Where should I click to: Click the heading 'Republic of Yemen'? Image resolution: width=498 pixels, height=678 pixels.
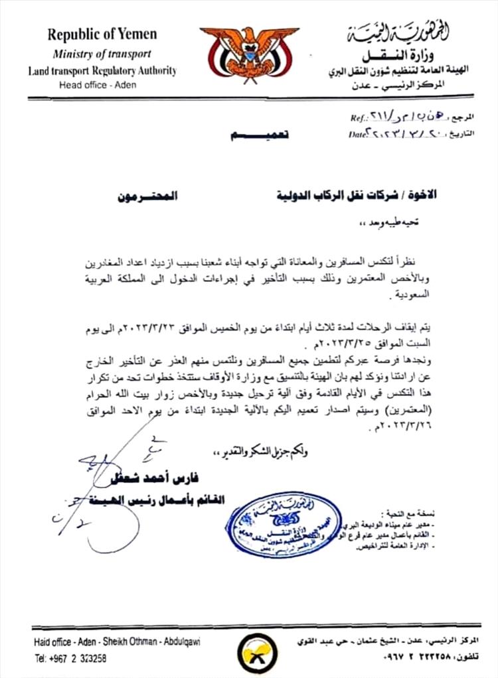coord(102,34)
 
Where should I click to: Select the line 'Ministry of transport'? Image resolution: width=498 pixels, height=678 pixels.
coord(102,54)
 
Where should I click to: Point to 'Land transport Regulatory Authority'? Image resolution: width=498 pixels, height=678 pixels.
coord(102,70)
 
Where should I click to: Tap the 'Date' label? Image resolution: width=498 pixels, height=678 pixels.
coord(358,133)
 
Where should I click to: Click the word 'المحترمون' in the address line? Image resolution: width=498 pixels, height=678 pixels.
coord(149,197)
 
